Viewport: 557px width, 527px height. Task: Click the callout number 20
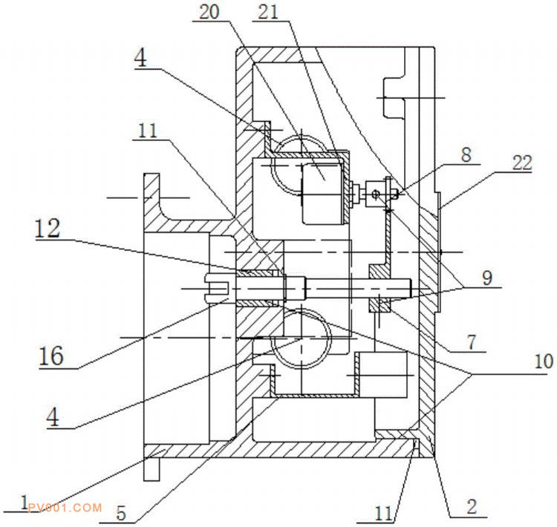(x=209, y=13)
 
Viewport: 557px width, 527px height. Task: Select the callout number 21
(x=269, y=13)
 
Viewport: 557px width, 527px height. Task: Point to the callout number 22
(x=521, y=164)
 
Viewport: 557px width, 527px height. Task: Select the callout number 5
(x=120, y=512)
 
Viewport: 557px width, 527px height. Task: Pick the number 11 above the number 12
(x=149, y=131)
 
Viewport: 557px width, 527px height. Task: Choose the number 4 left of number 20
(x=142, y=59)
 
